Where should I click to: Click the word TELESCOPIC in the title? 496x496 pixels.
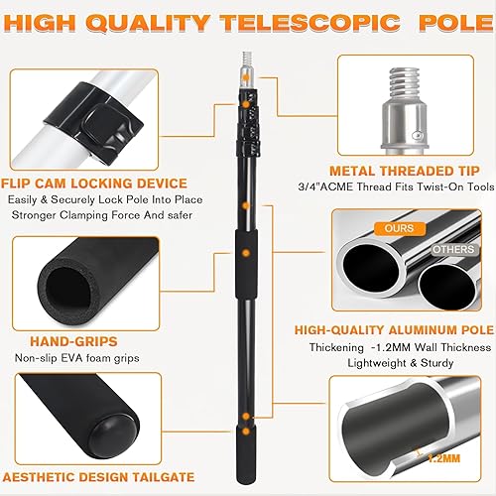[310, 23]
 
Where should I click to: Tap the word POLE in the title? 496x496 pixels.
[456, 23]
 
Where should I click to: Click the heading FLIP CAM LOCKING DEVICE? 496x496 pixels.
[94, 184]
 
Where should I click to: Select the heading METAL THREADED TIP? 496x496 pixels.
[405, 171]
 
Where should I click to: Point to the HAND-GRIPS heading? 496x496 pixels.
[73, 341]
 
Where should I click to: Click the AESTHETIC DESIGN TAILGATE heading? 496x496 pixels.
[98, 477]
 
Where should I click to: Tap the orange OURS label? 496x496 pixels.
[399, 228]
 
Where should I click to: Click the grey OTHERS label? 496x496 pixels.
[453, 249]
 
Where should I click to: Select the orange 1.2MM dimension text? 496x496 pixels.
[443, 458]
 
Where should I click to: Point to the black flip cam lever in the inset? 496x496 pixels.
[99, 121]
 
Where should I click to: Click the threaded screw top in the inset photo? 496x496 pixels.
[404, 84]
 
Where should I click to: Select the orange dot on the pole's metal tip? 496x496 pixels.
[246, 78]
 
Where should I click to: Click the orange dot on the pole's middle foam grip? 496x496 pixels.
[246, 254]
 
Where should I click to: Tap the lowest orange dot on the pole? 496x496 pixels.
[246, 432]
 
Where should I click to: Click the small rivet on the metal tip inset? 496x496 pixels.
[419, 135]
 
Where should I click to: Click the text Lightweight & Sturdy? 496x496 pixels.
[401, 363]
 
